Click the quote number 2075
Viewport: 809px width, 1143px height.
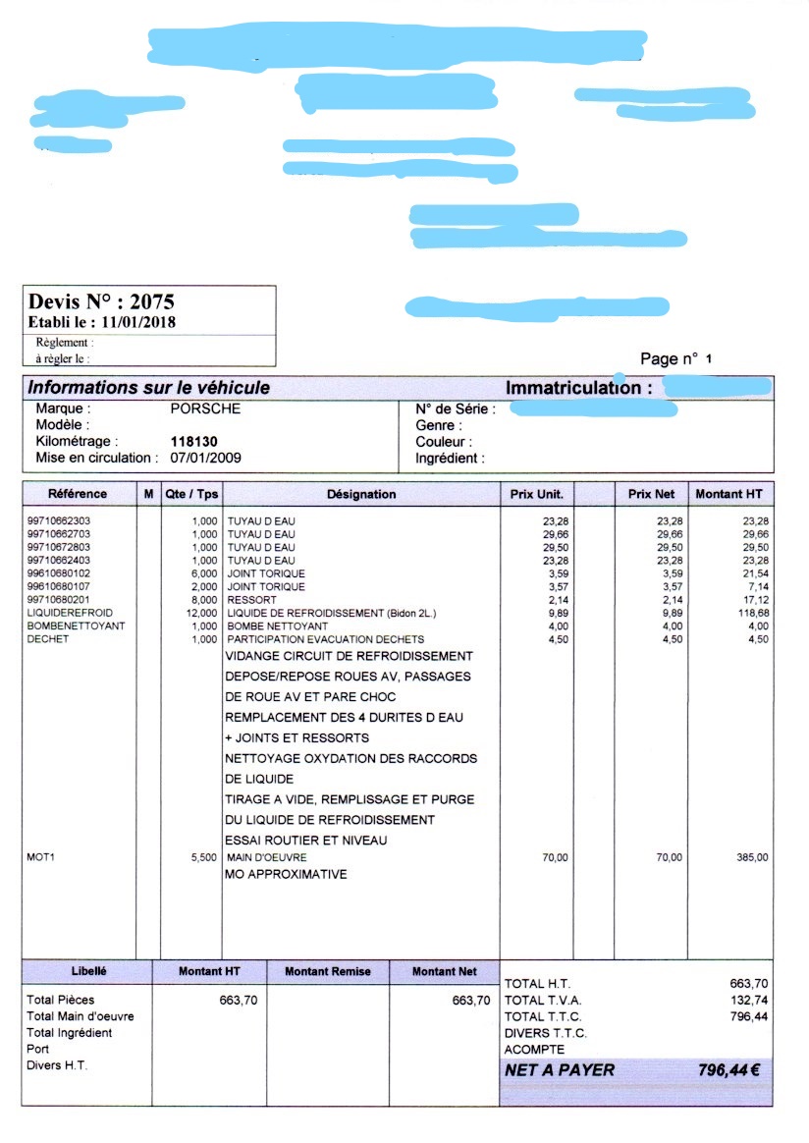151,301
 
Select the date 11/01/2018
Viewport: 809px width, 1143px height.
138,322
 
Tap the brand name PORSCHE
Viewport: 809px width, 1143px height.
205,408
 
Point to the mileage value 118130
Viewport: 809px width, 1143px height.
194,442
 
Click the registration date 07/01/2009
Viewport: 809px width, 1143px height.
206,458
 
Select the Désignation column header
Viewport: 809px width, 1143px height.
361,494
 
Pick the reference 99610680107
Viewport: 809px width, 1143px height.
58,586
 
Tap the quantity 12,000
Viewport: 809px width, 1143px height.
202,613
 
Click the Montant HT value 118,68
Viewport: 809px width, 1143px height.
752,613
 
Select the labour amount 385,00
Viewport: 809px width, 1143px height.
752,857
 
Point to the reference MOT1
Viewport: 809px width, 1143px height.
41,857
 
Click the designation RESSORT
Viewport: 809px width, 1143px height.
252,599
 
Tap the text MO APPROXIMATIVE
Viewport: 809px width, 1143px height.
286,874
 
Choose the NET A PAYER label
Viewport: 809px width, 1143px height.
560,1070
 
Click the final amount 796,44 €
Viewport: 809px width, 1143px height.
728,1070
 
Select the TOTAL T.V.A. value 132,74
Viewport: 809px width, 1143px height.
750,1000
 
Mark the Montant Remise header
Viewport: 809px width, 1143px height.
328,971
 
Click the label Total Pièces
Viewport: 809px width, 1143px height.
61,1000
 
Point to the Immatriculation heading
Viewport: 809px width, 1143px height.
578,388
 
